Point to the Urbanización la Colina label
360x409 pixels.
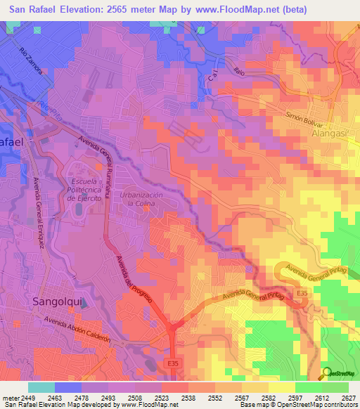[141, 198]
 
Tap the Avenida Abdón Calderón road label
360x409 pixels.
[78, 328]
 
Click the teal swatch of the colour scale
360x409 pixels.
[41, 387]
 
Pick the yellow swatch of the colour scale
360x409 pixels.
[281, 387]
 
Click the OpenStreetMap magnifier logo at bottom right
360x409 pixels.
[327, 373]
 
